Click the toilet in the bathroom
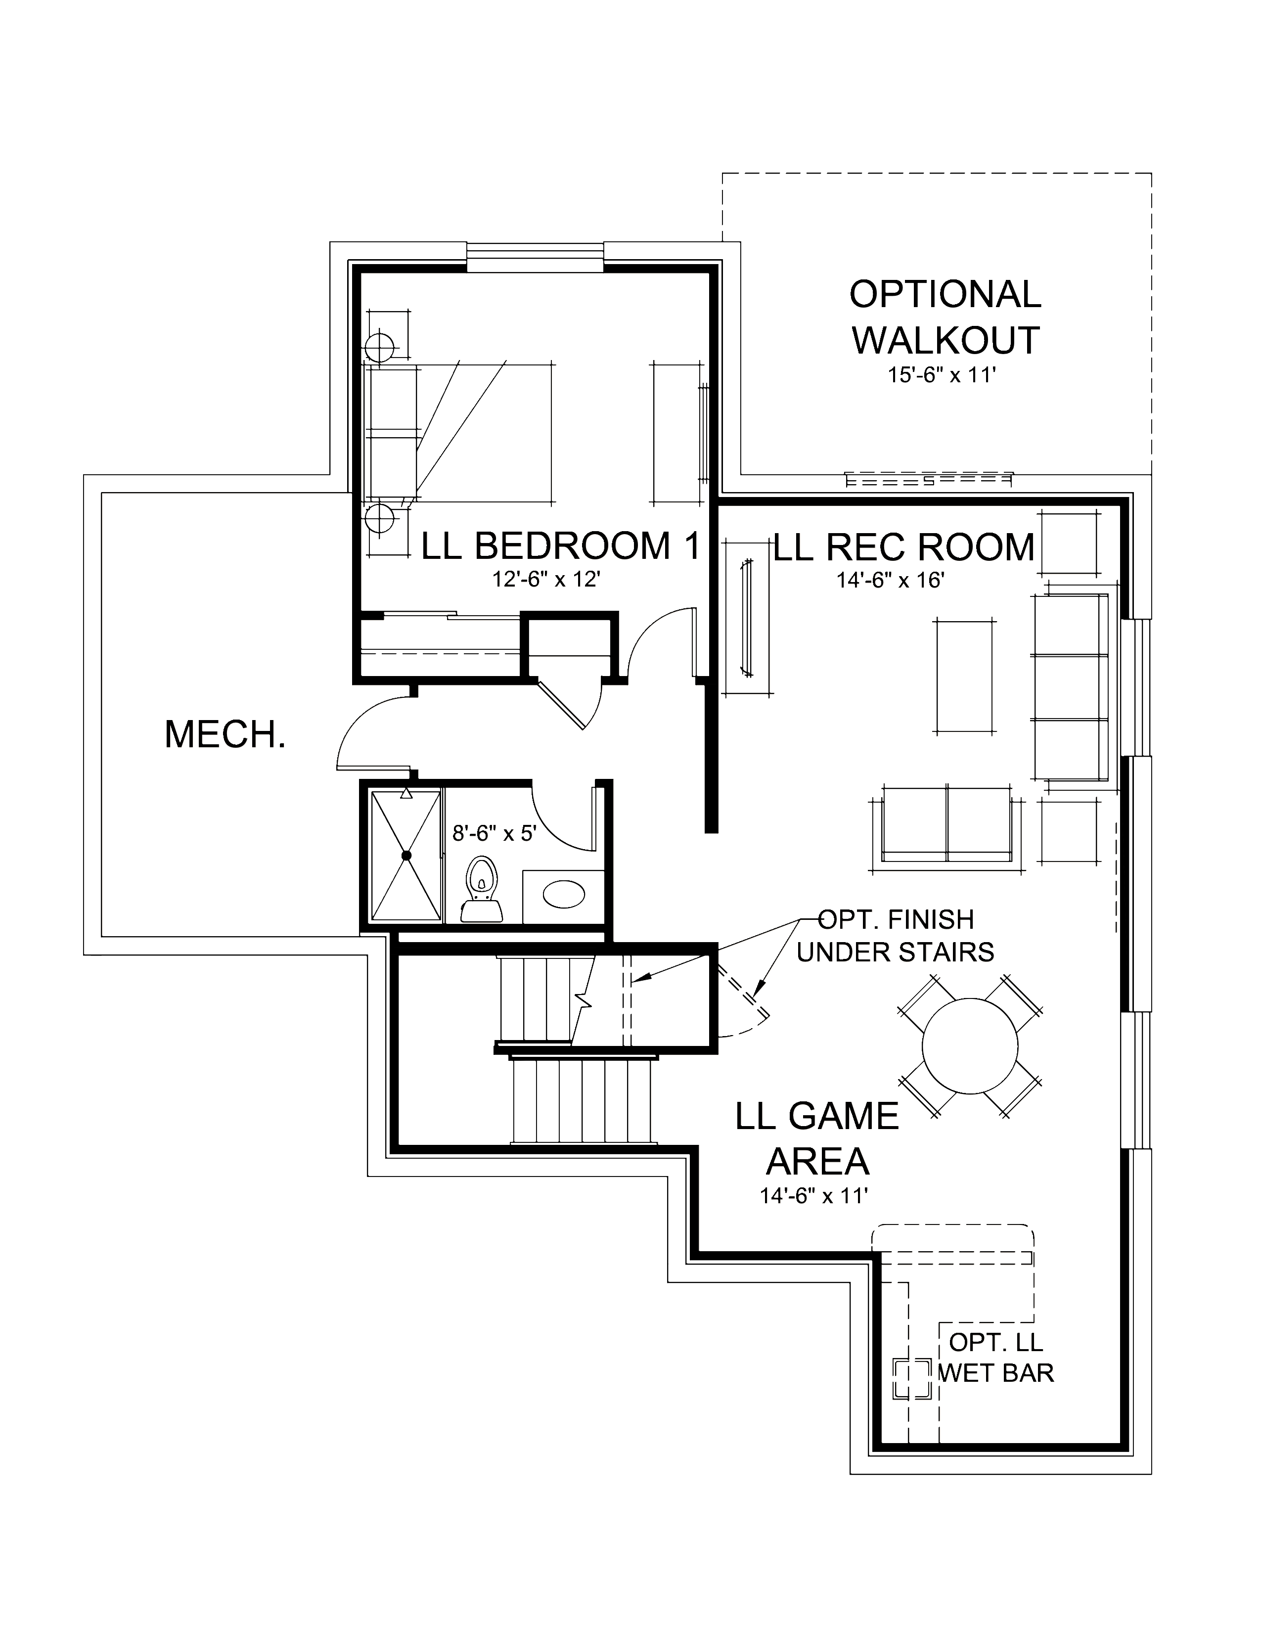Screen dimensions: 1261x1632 pos(482,890)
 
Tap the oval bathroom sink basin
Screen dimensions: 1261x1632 pos(563,895)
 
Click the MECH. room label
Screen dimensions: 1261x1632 pos(225,734)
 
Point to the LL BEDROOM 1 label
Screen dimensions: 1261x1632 pos(560,546)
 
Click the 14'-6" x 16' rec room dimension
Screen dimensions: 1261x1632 pos(891,580)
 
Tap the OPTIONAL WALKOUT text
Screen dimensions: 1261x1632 pos(945,317)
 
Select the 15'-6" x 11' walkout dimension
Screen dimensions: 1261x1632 pos(943,375)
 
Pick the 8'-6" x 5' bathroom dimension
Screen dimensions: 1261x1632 pos(495,832)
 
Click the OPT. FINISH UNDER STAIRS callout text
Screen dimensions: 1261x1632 pos(896,936)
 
